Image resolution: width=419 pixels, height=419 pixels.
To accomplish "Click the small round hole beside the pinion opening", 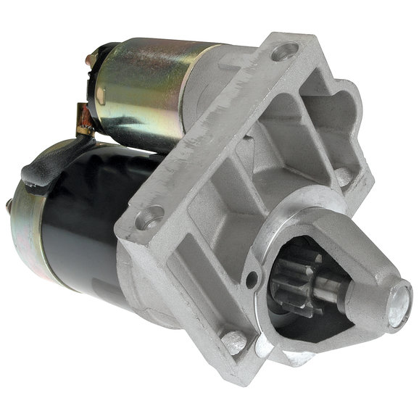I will click(x=252, y=278).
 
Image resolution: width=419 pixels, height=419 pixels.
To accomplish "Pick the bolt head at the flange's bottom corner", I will click(x=234, y=340).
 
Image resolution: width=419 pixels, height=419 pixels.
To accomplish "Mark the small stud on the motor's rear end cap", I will click(x=8, y=207).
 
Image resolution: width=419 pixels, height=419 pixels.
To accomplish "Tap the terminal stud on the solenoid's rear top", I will click(x=91, y=59).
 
